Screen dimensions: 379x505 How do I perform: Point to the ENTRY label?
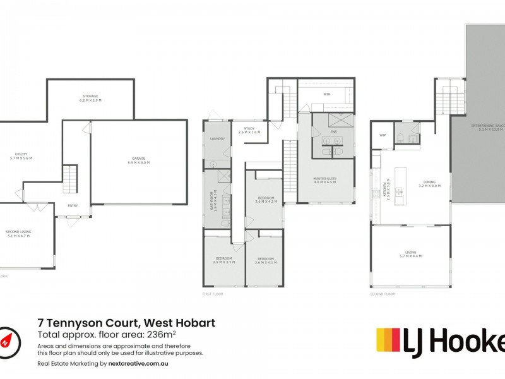coord(73,205)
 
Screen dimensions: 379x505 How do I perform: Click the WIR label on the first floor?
coord(327,94)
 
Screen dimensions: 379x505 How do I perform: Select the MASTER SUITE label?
coord(324,180)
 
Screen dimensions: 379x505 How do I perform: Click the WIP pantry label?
coord(382,135)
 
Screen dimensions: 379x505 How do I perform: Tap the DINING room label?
coord(429,184)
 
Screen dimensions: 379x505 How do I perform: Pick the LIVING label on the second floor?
coord(410,254)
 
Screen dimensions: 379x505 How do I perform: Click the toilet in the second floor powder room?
coord(401,138)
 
